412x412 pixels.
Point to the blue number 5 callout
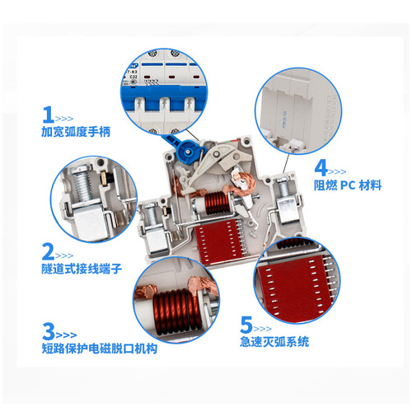click(247, 325)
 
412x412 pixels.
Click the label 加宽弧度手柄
click(75, 131)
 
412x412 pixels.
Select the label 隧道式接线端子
click(81, 269)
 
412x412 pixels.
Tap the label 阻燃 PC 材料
click(347, 185)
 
